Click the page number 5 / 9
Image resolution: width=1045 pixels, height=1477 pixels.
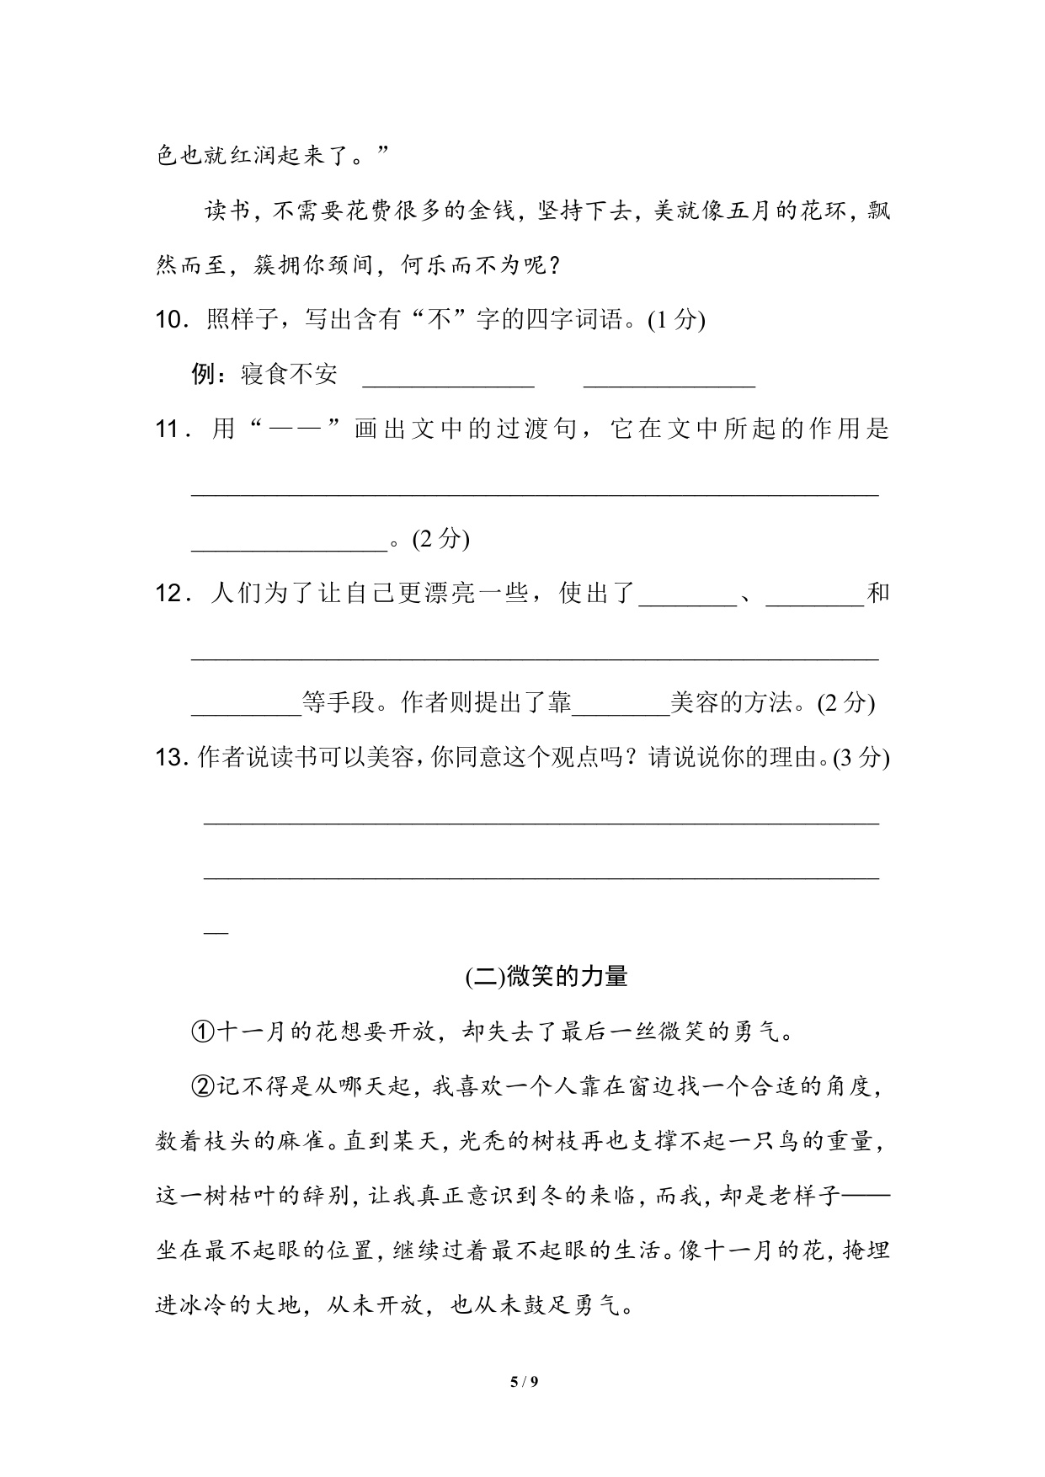[x=523, y=1381]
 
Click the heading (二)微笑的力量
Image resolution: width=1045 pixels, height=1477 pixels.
[x=546, y=977]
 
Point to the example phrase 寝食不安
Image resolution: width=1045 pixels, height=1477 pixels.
[x=289, y=374]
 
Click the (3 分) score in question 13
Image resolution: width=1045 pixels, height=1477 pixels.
[x=861, y=758]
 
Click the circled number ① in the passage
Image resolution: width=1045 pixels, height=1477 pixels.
[x=205, y=1032]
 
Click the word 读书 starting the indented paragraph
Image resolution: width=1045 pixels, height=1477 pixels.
[x=228, y=211]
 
